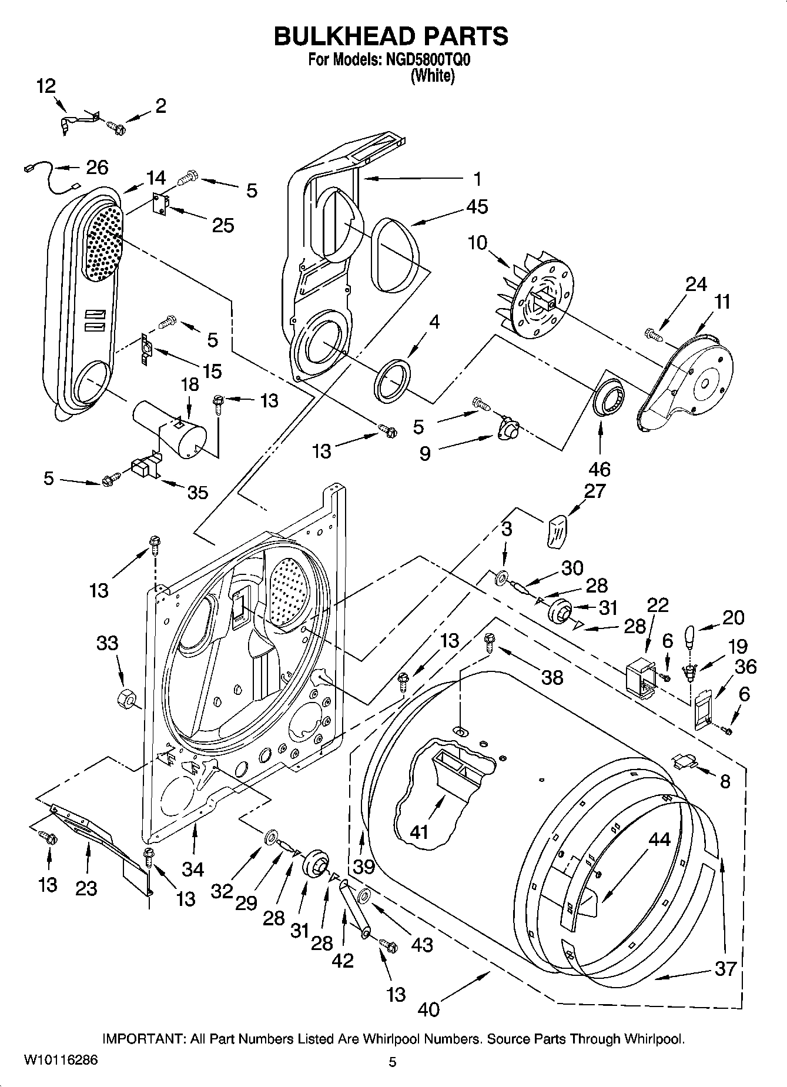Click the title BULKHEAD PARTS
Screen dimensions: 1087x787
391,36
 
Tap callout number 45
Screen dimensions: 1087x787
477,207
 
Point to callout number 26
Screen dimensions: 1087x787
97,168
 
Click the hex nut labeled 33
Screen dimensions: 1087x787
125,698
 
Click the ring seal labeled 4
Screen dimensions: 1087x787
392,382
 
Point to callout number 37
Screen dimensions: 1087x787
725,968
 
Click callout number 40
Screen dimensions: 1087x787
429,1009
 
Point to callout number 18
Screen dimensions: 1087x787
190,385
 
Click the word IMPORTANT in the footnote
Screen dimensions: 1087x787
143,1039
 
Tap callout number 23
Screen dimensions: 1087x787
86,888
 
